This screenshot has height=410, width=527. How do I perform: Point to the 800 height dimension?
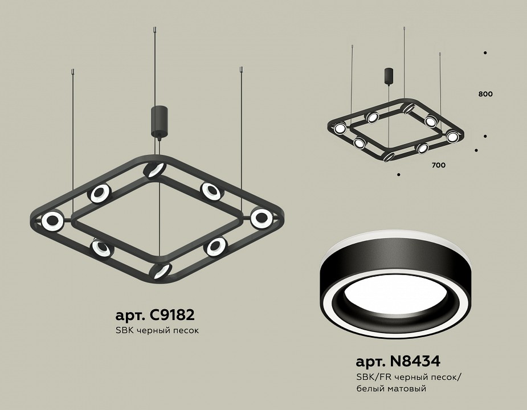(x=485, y=94)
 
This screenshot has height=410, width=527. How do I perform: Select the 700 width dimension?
(x=438, y=165)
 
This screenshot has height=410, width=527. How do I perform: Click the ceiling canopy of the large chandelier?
(x=157, y=121)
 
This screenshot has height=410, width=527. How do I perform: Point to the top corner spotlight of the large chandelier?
(x=154, y=170)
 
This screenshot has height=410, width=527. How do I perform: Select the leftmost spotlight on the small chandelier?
(x=340, y=128)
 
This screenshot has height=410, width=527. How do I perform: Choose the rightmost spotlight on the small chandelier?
(x=452, y=136)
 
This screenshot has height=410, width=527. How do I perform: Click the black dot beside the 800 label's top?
(x=485, y=53)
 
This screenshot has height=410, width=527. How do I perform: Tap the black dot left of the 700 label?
(x=399, y=174)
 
